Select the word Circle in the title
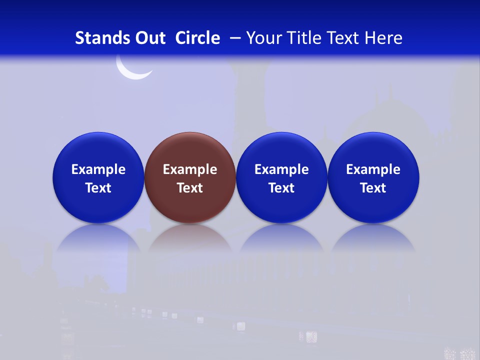(x=197, y=38)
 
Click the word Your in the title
(x=262, y=38)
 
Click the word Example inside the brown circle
(x=190, y=169)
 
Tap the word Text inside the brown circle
(x=190, y=188)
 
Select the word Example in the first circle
(x=98, y=169)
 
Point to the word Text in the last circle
(x=373, y=188)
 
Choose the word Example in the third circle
(x=281, y=169)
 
